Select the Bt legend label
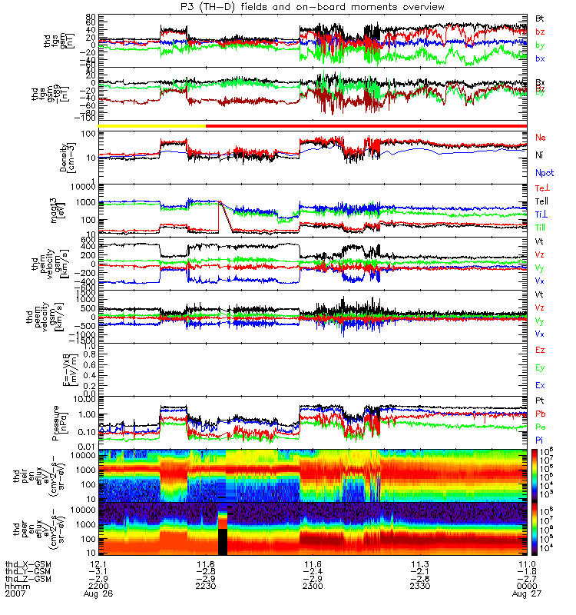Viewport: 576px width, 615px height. [540, 18]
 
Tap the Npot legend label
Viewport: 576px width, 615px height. [544, 174]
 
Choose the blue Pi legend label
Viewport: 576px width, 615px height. [540, 440]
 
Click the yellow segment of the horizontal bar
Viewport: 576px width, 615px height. [152, 125]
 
